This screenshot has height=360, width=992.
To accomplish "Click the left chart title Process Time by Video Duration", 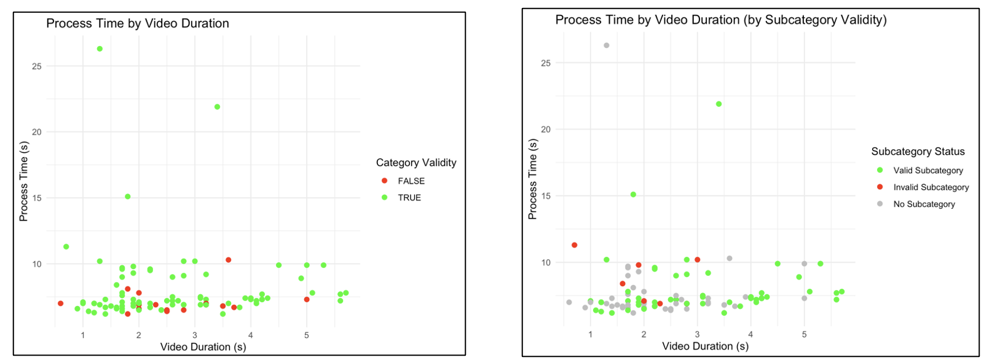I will click(138, 23).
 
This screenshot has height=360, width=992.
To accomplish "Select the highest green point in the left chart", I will click(100, 49).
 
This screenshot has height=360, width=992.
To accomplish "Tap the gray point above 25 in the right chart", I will click(607, 45).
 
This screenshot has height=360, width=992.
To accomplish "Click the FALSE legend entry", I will click(411, 181).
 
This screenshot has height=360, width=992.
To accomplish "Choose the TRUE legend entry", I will click(409, 197).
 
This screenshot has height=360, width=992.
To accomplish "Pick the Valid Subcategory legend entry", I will click(927, 170).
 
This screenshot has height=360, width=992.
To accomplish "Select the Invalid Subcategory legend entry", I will click(931, 187).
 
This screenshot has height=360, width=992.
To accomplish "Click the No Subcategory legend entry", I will click(924, 204).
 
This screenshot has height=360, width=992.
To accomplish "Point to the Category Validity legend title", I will click(416, 162).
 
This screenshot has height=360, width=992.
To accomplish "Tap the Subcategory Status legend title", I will click(918, 151).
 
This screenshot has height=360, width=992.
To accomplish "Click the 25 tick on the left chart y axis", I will click(37, 66).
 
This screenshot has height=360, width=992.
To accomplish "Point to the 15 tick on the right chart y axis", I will click(546, 196).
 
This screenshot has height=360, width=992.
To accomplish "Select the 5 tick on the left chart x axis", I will click(307, 335).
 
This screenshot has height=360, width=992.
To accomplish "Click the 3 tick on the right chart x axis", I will click(697, 334).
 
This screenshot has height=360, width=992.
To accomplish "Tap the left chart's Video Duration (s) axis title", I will click(203, 346).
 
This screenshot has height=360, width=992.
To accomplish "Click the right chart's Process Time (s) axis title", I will click(532, 179).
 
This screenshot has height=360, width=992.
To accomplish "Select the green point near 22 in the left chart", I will click(217, 107).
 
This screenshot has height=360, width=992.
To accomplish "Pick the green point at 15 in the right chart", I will click(633, 195).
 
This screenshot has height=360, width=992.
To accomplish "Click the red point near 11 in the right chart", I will click(575, 245).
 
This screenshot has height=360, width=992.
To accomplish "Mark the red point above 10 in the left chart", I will click(228, 260).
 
